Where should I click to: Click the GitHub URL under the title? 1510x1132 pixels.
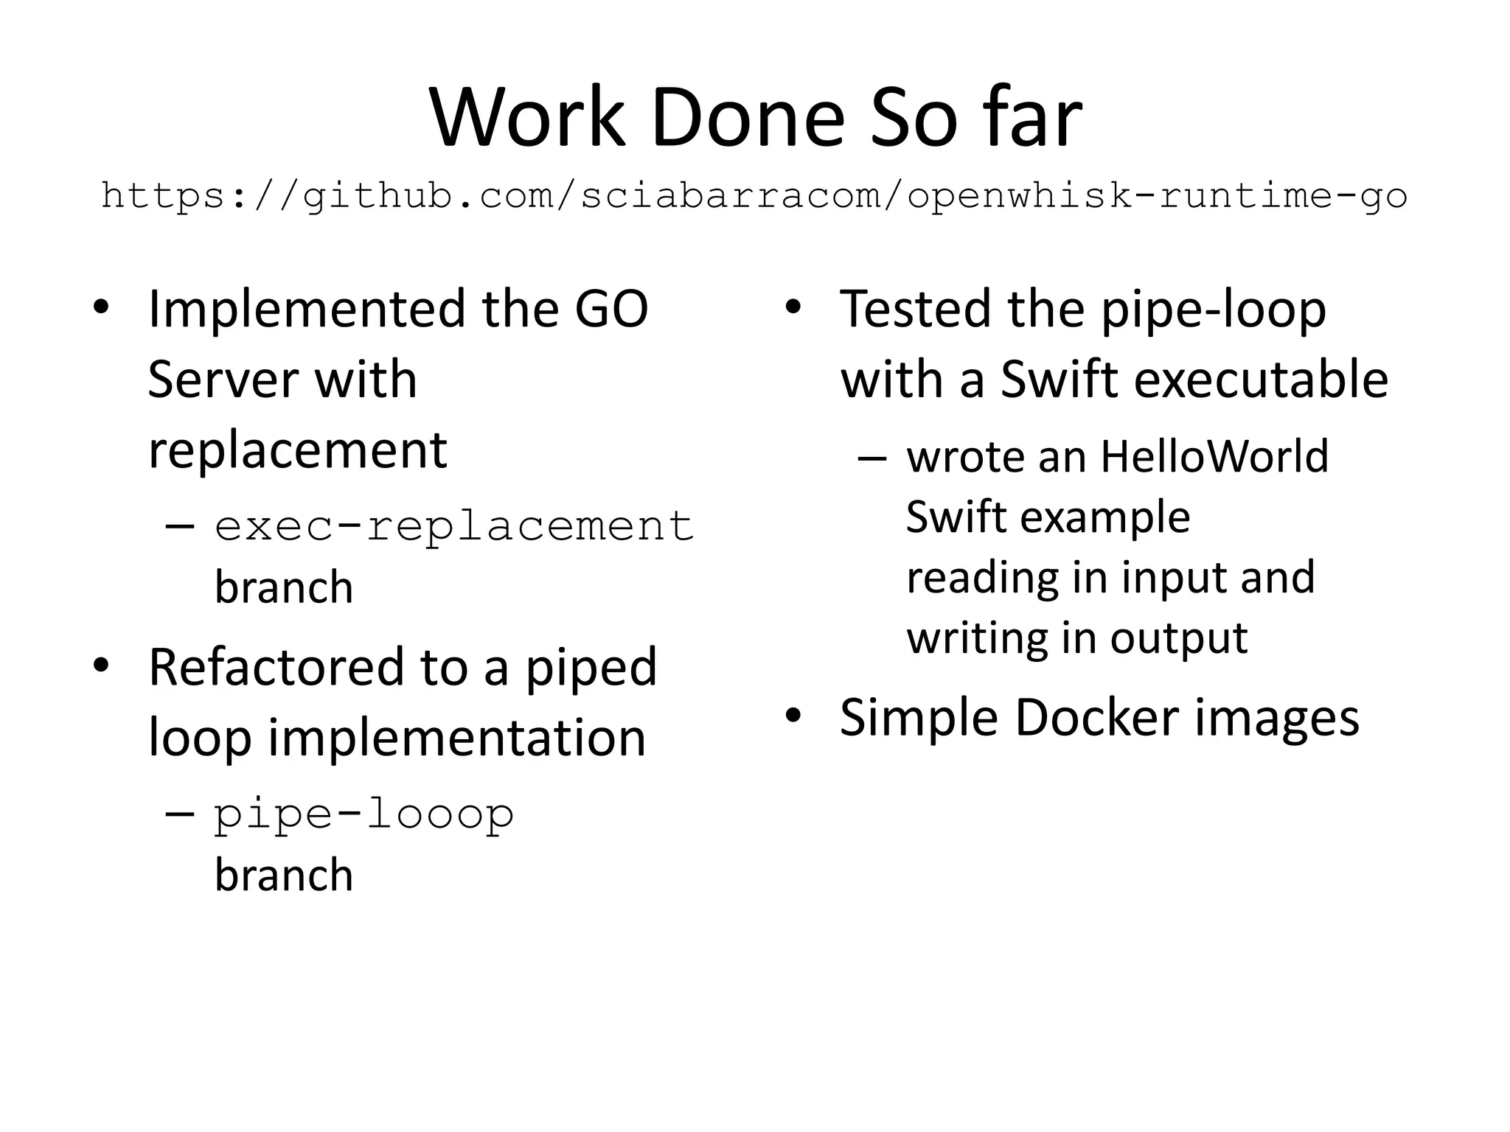pyautogui.click(x=754, y=196)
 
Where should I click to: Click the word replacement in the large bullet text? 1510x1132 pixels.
pyautogui.click(x=298, y=450)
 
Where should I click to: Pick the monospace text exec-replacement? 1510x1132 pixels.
pyautogui.click(x=454, y=526)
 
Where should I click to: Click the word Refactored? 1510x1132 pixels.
pyautogui.click(x=276, y=666)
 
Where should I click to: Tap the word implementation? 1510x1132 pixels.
pyautogui.click(x=456, y=737)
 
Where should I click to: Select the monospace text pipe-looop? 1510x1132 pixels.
pyautogui.click(x=364, y=814)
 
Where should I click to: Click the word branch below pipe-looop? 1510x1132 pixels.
pyautogui.click(x=284, y=875)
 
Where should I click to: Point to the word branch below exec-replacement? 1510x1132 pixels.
pyautogui.click(x=284, y=587)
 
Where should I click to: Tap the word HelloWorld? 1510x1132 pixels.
pyautogui.click(x=1214, y=456)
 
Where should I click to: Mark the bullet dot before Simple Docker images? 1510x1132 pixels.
pyautogui.click(x=793, y=716)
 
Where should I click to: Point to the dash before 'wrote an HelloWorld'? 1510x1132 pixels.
pyautogui.click(x=871, y=458)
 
